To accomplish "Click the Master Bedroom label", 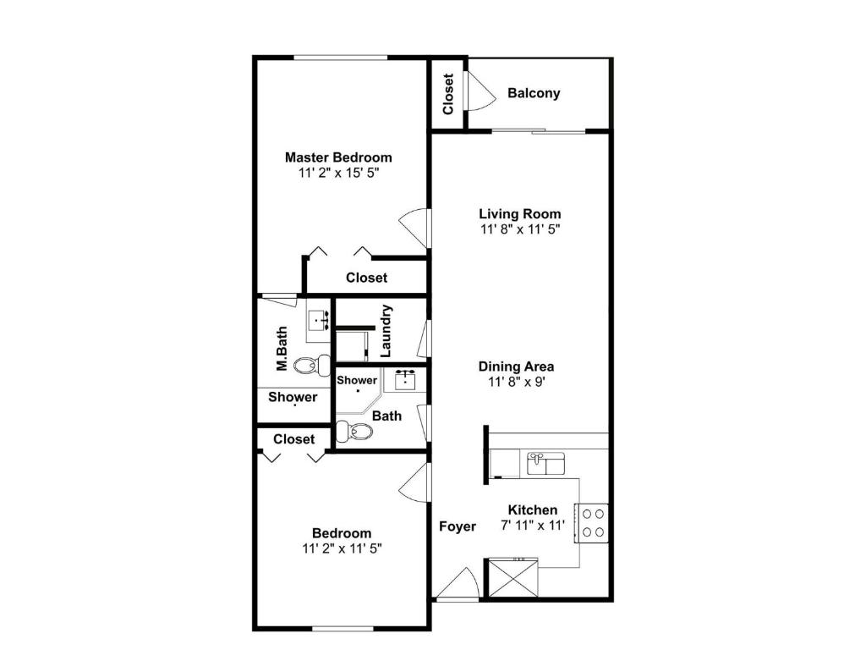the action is [338, 157].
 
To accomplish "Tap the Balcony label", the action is [534, 93].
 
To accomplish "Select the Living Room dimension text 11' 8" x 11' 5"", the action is [520, 229].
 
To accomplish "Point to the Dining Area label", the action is [517, 366].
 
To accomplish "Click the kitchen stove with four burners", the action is [591, 523].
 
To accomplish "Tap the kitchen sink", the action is [545, 464].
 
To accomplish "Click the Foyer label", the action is [458, 526].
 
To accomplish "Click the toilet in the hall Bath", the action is [354, 431].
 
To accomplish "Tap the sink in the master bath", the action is [319, 321].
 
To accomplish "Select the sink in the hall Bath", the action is [405, 380].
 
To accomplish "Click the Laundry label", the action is [386, 331].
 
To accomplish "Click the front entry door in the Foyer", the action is [458, 584].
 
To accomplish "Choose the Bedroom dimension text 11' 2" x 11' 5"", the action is [342, 548].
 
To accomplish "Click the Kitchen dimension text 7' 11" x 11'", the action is [533, 525].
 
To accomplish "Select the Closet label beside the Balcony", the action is [448, 94].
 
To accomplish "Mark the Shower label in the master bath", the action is [293, 398].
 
